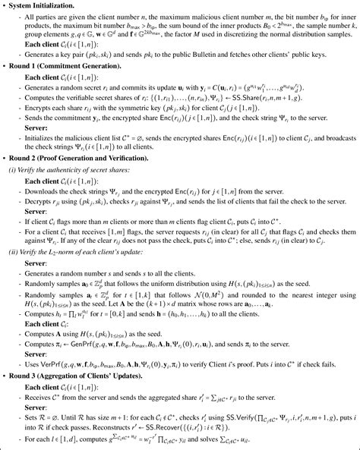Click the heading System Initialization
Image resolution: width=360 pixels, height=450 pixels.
46,5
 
